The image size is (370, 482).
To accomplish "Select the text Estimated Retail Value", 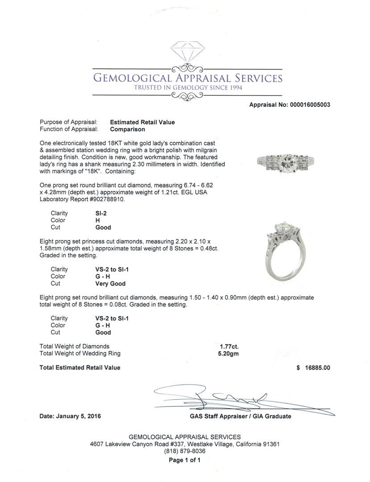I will pos(142,122).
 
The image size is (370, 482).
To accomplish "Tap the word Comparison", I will pos(128,129).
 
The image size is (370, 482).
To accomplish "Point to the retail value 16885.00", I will pos(317,368).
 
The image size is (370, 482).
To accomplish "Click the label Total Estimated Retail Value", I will pos(80,368).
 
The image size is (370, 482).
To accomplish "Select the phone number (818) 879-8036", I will pos(185,451).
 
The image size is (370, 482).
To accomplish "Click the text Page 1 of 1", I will pos(184,460).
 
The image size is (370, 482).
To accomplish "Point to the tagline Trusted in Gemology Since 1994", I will pos(188,88).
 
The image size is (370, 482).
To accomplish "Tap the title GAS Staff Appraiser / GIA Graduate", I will pos(240,416).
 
